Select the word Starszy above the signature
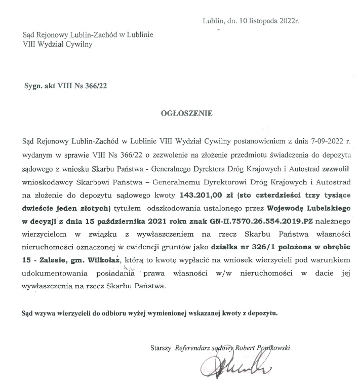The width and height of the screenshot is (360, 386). [162, 348]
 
